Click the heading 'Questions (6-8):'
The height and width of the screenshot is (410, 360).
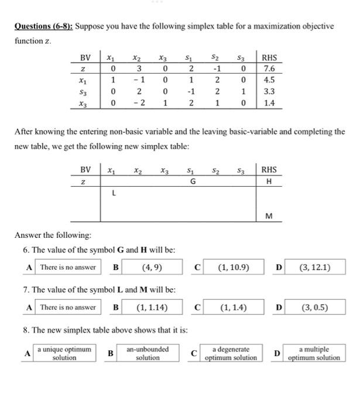tap(44, 26)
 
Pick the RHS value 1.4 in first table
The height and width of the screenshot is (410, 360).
tap(270, 103)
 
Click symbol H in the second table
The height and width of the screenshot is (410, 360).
tap(269, 182)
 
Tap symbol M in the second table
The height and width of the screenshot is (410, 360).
tap(269, 216)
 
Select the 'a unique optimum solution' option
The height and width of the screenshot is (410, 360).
tap(64, 353)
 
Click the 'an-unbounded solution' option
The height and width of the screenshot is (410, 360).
tap(148, 353)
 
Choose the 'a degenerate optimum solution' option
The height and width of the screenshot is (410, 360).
tap(230, 353)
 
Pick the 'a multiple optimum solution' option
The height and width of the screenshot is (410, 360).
tap(316, 353)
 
